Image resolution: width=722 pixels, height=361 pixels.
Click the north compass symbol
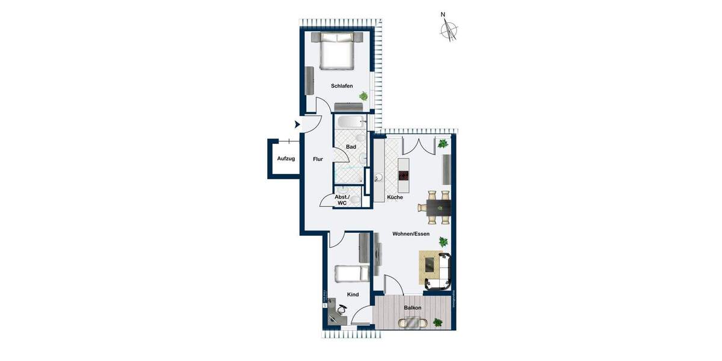coord(448,29)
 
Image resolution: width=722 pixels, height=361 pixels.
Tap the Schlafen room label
coord(342,86)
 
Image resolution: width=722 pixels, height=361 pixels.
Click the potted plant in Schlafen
coord(363,96)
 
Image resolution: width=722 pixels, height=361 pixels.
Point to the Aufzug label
coord(286,159)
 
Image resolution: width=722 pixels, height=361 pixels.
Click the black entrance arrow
coord(297,125)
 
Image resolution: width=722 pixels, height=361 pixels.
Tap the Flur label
coord(318,159)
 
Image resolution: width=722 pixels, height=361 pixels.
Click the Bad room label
coord(351,147)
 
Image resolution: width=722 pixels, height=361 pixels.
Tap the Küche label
coord(395,197)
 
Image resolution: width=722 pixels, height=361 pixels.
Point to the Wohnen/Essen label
coord(411,233)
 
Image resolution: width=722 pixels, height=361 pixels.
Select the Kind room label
coord(353,294)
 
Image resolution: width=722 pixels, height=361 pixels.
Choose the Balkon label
coord(413,307)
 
